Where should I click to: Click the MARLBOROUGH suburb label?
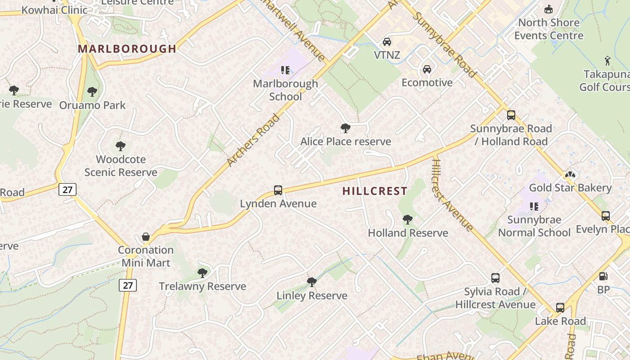[127, 49]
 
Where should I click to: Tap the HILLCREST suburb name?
[374, 191]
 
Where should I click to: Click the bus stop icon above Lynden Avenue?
[278, 190]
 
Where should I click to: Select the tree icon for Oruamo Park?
[92, 92]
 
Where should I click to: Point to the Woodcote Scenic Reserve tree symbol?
[120, 146]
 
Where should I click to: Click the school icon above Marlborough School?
[285, 70]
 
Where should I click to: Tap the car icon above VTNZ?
[387, 42]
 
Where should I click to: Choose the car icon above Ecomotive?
[427, 69]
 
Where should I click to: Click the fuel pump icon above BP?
[603, 276]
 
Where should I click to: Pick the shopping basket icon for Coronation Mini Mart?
[146, 237]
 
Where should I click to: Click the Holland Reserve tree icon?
[408, 220]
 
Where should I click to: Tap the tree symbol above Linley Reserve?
[311, 283]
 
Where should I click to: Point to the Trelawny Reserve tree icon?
[202, 273]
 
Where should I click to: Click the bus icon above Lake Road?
[560, 308]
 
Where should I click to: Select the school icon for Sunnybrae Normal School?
[534, 207]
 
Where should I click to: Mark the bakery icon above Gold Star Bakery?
[570, 175]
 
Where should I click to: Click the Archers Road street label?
[253, 140]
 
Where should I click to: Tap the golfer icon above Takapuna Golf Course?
[608, 60]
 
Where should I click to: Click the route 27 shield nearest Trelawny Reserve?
[128, 285]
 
